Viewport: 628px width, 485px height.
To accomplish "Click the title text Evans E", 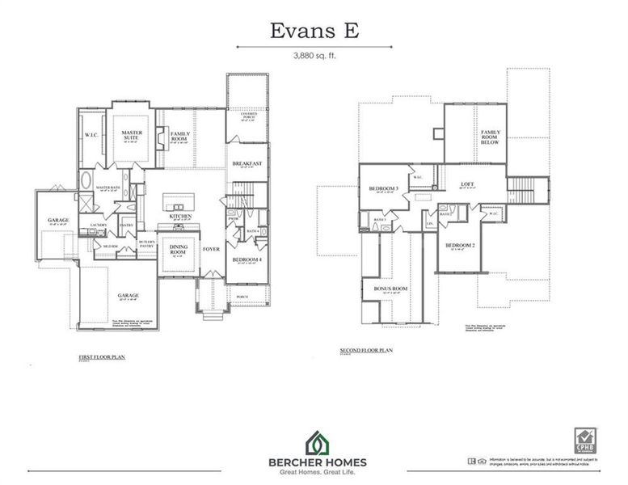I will tap(314, 30).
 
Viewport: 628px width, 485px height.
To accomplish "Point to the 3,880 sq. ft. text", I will tap(314, 57).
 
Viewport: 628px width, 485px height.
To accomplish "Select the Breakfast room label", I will tap(247, 164).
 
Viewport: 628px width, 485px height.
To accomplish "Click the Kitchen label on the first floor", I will tap(180, 217).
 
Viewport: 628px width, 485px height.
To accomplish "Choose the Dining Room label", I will tap(179, 251).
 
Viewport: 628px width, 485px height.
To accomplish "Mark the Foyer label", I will tap(212, 249).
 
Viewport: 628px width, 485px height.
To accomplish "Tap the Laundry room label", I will tap(99, 225).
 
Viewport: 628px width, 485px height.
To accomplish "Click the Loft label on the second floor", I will tap(466, 183).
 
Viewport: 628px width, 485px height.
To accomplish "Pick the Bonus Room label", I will tap(390, 289).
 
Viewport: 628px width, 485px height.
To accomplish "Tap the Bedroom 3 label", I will tap(380, 189).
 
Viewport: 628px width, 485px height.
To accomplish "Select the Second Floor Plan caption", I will tap(366, 351).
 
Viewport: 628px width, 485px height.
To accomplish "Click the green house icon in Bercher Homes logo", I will tap(316, 442).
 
